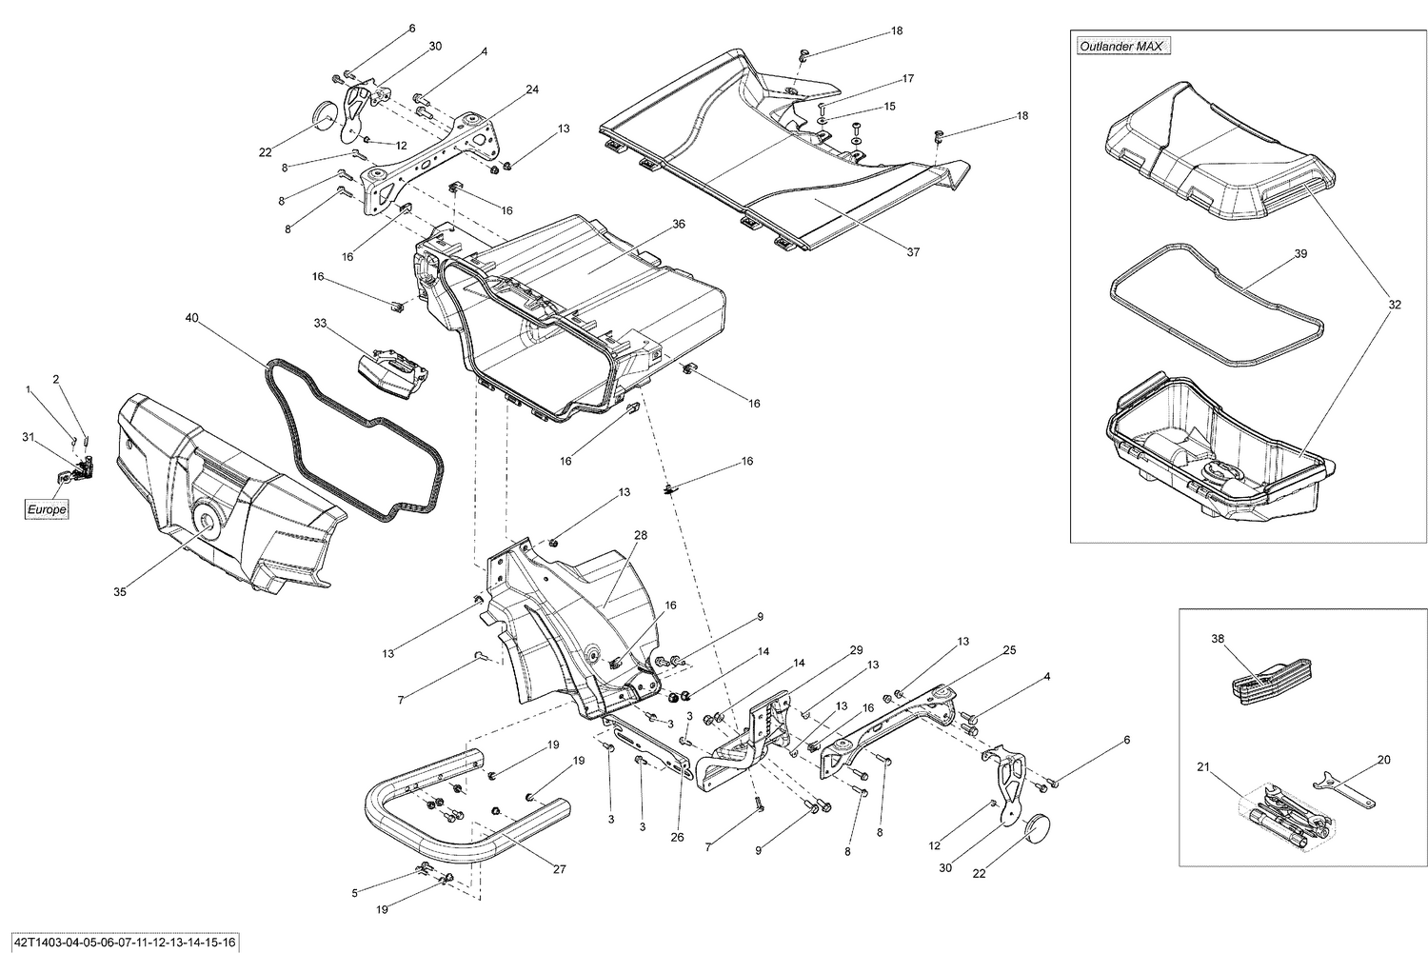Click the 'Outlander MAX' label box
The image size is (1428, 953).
tap(1123, 46)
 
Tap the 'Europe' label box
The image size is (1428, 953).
tap(47, 510)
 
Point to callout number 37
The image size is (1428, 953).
tap(913, 252)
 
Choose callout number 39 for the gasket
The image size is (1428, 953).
tap(1300, 254)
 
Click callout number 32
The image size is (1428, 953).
tap(1395, 305)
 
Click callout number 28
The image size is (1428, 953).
tap(641, 536)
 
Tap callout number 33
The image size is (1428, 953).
tap(320, 323)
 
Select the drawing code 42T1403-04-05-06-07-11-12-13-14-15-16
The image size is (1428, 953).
tap(120, 942)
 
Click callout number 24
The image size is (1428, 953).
tap(531, 89)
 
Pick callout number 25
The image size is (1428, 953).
tap(1009, 650)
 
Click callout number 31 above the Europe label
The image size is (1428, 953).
tap(29, 437)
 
